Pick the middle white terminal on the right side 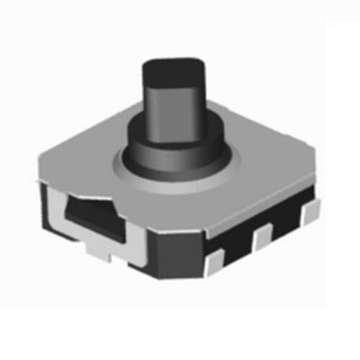tap(263, 235)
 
